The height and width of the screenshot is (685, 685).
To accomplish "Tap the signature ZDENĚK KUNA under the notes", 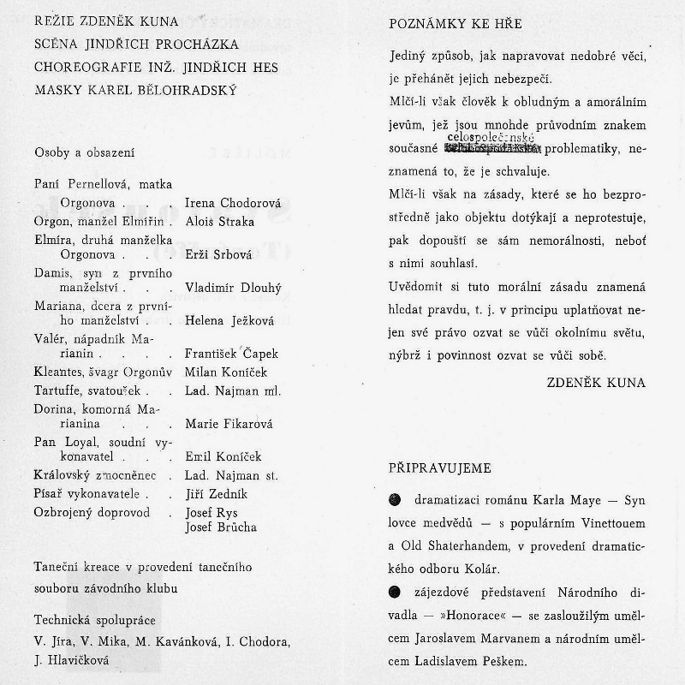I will (x=596, y=382).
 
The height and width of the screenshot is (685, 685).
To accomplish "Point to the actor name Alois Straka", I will (x=220, y=221).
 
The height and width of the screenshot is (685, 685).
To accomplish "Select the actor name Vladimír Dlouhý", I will (x=233, y=288).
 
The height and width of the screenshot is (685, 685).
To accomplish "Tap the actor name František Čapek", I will (x=231, y=353).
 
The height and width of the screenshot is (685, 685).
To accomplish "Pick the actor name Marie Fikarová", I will (x=229, y=423).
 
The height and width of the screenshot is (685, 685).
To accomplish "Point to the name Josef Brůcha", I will (x=221, y=527).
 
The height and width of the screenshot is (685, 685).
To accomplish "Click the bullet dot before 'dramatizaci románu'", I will (x=395, y=498).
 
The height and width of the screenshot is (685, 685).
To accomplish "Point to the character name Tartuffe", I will (x=58, y=390).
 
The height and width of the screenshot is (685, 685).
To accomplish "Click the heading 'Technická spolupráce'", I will (x=94, y=620).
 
